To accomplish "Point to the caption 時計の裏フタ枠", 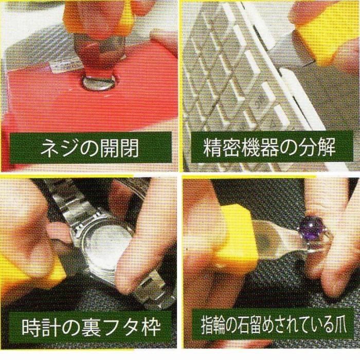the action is coord(91,328).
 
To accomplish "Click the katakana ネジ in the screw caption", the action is coord(56,148).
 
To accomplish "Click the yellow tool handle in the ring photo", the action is coord(234,237).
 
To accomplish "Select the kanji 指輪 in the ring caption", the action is coord(215,325).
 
